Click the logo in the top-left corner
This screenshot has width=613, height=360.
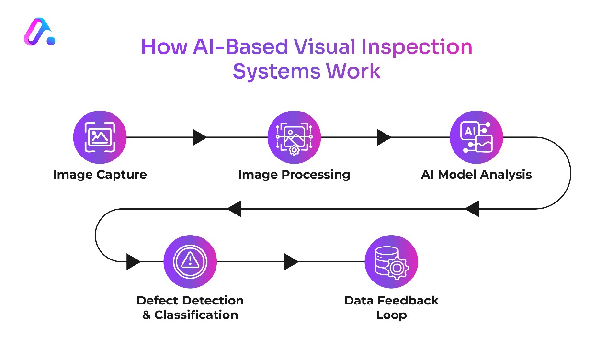click(39, 33)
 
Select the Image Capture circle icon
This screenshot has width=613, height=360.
click(100, 137)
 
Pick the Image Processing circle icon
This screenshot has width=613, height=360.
click(294, 137)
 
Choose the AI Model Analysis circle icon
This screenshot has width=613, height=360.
click(476, 137)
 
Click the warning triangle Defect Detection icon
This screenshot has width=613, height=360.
click(190, 261)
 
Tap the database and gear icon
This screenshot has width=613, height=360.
click(391, 261)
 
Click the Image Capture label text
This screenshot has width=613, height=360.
click(100, 174)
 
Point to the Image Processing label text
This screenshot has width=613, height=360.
click(294, 174)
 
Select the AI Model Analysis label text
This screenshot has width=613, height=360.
click(476, 174)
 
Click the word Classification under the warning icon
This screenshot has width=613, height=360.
click(196, 315)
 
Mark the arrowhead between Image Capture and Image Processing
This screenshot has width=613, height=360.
click(200, 137)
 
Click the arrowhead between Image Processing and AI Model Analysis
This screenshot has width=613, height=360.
click(384, 137)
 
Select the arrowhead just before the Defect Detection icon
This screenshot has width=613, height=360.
click(133, 262)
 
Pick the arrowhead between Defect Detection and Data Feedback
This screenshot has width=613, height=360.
click(291, 262)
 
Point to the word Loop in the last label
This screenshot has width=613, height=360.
click(391, 315)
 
